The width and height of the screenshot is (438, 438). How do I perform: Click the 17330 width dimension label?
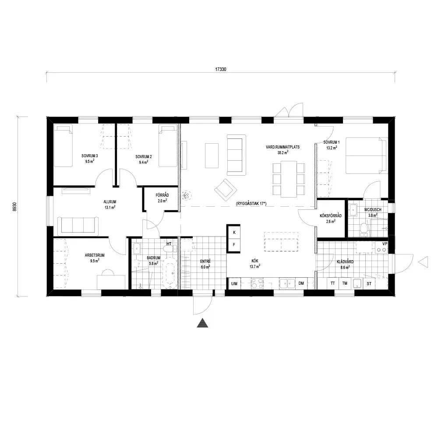[x=221, y=69]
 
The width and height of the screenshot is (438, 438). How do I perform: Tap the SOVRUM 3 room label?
[x=90, y=156]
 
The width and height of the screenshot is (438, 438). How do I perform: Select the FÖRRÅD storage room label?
[x=162, y=195]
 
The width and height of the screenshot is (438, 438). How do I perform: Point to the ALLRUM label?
[x=110, y=201]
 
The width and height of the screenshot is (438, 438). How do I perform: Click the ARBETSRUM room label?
[x=95, y=255]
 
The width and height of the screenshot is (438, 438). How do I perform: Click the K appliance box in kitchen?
[x=234, y=232]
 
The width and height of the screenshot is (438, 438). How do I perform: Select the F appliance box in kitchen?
[x=234, y=245]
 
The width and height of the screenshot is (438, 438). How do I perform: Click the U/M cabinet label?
[x=234, y=283]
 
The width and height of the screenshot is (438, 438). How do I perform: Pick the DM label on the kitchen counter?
[x=301, y=283]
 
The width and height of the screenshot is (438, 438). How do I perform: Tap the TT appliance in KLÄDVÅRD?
[x=333, y=283]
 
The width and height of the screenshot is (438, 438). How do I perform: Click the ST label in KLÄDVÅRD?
[x=369, y=283]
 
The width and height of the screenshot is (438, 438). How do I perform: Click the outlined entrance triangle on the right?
[x=423, y=262]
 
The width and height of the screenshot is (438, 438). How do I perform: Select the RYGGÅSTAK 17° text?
[x=251, y=204]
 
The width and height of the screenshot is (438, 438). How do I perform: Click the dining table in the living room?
[x=289, y=179]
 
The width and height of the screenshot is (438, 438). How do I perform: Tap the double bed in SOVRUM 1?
[x=367, y=155]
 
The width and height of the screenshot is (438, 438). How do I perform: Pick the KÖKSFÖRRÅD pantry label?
[x=331, y=215]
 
